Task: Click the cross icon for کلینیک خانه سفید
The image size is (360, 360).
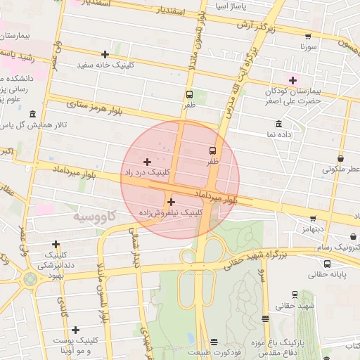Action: pos(105,54)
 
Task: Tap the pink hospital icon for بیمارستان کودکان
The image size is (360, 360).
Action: pos(292,80)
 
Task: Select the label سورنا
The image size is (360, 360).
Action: pos(309,48)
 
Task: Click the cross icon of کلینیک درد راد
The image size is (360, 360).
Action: pos(147,162)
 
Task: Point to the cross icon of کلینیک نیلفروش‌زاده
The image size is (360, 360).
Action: pos(171,202)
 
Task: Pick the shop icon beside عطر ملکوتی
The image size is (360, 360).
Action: pos(341,159)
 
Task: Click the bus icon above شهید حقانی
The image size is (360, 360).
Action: pos(295,295)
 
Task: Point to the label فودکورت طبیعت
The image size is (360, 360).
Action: pos(214,352)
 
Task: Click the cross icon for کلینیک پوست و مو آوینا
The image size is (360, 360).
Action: pos(75,330)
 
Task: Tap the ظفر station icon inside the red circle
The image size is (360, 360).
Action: pos(212,150)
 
